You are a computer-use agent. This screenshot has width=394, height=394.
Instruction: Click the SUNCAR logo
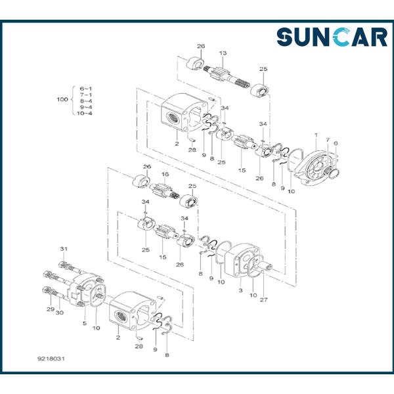[331, 37]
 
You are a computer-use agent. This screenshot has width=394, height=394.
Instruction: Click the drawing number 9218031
[51, 359]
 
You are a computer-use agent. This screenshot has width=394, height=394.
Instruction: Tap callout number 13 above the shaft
[223, 53]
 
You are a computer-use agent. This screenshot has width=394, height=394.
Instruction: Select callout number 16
[165, 174]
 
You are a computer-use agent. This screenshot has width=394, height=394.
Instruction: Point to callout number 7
[328, 140]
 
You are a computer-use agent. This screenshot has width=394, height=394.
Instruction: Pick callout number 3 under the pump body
[240, 290]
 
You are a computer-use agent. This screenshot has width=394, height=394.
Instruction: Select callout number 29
[49, 309]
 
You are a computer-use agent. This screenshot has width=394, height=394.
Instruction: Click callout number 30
[60, 313]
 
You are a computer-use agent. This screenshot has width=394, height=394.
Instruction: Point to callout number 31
[64, 248]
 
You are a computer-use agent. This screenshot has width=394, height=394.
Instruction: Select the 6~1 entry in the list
[85, 87]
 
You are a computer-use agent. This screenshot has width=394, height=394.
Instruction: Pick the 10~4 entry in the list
[84, 113]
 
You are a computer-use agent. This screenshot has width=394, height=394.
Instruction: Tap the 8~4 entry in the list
[85, 100]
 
